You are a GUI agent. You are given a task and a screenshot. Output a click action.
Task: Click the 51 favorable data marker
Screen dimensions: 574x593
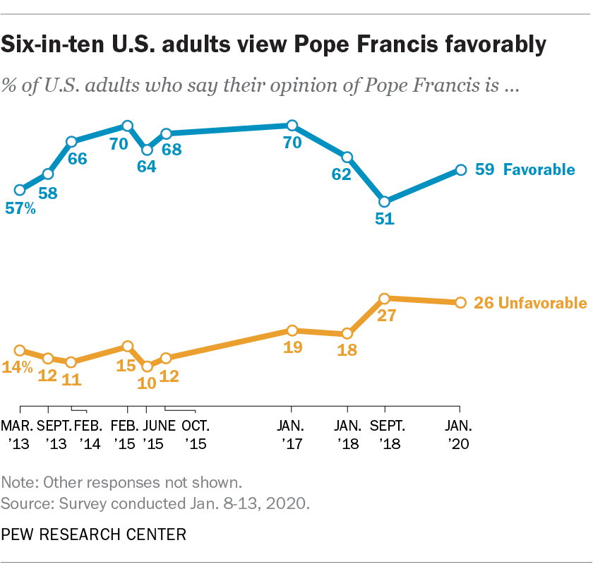point(385,201)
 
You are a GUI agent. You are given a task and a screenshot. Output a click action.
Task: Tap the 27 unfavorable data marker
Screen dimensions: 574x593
point(385,299)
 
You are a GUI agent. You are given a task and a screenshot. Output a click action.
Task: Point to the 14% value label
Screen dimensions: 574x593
point(18,367)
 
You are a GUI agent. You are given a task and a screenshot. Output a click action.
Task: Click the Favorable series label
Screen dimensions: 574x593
point(539,169)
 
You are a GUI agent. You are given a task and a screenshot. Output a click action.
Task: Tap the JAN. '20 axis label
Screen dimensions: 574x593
point(460,435)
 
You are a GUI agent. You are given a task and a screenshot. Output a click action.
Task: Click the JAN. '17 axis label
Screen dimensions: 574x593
point(292,435)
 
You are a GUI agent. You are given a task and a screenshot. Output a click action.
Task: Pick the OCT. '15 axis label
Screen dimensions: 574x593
point(195,435)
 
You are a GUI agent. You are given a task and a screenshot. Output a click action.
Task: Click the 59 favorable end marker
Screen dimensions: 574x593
point(460,169)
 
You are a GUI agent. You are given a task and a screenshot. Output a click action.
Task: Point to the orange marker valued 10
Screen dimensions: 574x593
point(147,366)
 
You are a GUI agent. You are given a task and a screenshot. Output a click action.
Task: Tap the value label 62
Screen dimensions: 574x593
point(342,174)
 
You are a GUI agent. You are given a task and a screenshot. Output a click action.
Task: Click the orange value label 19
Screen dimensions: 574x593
point(293,347)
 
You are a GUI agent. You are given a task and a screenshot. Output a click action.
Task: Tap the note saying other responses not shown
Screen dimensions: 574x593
point(122,484)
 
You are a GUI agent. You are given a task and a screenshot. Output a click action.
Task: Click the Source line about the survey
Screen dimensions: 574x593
point(156,503)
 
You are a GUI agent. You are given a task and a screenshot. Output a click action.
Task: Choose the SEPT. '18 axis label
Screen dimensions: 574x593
point(385,435)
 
